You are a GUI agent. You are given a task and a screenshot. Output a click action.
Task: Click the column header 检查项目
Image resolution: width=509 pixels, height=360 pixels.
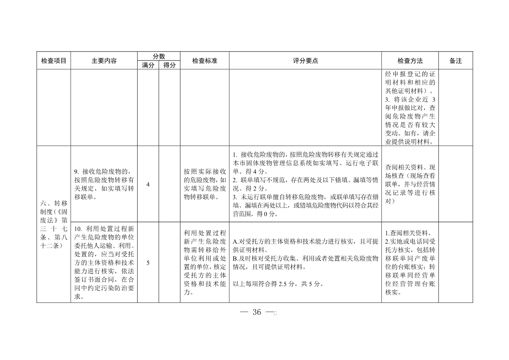tap(54, 61)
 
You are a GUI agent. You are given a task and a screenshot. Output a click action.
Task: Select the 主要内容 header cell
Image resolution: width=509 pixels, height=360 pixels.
tap(104, 61)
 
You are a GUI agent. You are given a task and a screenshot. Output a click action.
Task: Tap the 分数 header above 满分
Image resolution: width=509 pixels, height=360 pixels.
tap(158, 56)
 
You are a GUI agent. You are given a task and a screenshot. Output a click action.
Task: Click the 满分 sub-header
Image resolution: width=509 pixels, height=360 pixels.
tap(148, 65)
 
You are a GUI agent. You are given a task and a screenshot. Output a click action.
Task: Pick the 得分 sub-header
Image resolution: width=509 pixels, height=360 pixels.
tap(169, 65)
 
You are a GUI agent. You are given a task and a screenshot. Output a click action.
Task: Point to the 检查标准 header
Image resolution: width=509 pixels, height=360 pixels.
tap(205, 61)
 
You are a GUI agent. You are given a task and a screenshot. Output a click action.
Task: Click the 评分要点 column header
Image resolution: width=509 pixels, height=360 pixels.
tap(305, 61)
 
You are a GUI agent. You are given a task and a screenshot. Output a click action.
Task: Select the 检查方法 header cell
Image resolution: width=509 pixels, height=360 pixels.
tap(410, 61)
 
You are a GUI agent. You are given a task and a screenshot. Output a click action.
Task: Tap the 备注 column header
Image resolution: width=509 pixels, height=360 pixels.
tap(455, 61)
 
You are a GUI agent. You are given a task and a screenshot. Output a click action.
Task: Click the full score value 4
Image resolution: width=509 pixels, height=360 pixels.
tap(148, 184)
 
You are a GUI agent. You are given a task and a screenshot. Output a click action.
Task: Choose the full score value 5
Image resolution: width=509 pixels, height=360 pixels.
tap(148, 263)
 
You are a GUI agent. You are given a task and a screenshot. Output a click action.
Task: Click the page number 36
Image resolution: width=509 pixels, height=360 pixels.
tap(256, 312)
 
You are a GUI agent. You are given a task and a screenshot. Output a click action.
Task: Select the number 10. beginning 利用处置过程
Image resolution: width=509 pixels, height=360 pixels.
tap(78, 229)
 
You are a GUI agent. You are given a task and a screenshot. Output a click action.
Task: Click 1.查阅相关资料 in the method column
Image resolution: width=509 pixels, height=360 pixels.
tap(408, 233)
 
